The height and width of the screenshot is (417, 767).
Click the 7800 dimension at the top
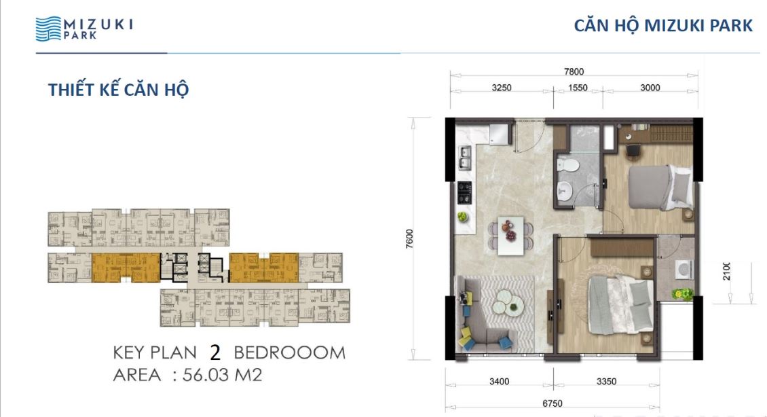click(x=574, y=71)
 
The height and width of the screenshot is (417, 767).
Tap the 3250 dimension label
click(x=502, y=88)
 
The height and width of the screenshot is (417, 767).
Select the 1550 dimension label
click(x=578, y=88)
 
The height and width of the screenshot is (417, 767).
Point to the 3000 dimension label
click(x=650, y=88)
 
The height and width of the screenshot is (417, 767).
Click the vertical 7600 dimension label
click(x=409, y=239)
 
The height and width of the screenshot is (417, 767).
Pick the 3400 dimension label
click(x=499, y=381)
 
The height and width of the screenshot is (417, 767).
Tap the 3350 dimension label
click(x=607, y=381)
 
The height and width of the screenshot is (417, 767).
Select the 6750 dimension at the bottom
click(x=553, y=403)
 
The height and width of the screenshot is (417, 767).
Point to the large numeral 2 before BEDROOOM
click(x=215, y=352)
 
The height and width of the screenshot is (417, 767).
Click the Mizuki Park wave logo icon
click(x=48, y=29)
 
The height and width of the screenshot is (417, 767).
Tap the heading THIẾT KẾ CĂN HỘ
click(x=118, y=90)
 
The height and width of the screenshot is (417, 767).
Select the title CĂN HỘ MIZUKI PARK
click(x=662, y=25)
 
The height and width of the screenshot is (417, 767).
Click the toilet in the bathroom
click(x=568, y=164)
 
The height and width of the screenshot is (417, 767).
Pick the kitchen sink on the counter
click(x=465, y=158)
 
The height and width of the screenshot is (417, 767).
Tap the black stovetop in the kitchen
click(x=464, y=192)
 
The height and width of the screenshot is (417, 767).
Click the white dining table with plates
click(x=510, y=236)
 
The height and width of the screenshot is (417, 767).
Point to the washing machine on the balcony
click(x=684, y=270)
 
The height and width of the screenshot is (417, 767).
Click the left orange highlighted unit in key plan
click(x=126, y=267)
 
